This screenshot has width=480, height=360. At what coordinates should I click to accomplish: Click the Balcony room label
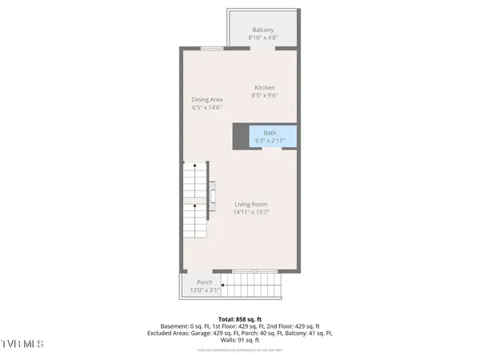263,30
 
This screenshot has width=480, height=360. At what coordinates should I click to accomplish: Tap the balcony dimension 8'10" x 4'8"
263,38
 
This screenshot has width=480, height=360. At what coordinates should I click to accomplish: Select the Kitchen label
265,87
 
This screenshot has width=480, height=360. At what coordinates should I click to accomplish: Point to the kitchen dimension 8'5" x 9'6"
265,95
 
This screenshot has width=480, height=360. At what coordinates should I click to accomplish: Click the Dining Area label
206,99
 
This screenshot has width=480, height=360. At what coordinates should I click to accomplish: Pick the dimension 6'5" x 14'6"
206,107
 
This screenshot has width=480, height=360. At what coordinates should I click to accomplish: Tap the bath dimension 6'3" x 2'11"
270,141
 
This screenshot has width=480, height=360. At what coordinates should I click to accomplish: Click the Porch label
204,282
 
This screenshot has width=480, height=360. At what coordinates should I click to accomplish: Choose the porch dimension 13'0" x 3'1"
204,290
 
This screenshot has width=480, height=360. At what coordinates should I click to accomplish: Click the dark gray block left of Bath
241,137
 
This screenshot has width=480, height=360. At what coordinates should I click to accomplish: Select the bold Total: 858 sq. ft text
241,318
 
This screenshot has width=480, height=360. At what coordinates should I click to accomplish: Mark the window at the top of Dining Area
212,48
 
